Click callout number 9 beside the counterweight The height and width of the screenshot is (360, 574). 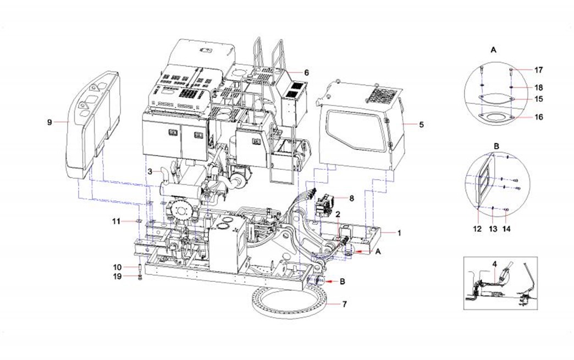coord(49,123)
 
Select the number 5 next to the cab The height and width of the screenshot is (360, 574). coord(421,125)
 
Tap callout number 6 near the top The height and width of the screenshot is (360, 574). coord(307,73)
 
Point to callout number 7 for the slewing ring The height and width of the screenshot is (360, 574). coord(345,303)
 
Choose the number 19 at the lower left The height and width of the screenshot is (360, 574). coord(118,277)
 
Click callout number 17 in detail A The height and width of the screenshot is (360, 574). coord(539,70)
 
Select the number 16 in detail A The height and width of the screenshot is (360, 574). coord(539,118)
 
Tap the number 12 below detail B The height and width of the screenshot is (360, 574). coord(477,228)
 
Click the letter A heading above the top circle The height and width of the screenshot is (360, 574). coord(493,49)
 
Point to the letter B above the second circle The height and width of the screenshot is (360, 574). coord(496,146)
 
